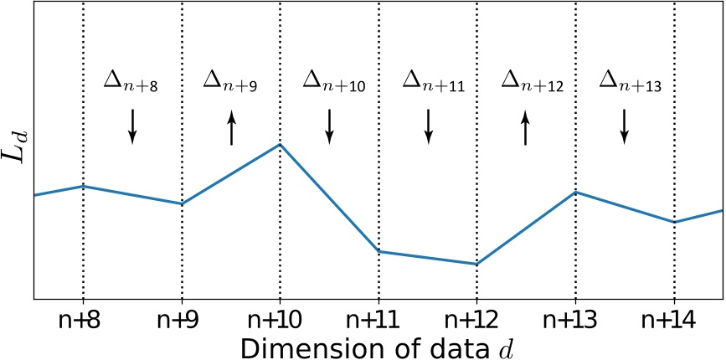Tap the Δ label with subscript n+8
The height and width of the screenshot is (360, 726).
pyautogui.click(x=131, y=81)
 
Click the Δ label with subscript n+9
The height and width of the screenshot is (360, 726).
pyautogui.click(x=230, y=81)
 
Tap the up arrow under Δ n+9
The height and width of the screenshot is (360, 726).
pyautogui.click(x=231, y=129)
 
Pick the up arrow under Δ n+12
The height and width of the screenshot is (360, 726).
pyautogui.click(x=526, y=129)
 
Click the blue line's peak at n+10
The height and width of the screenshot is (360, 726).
pyautogui.click(x=280, y=144)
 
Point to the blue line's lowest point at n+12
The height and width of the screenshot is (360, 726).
pyautogui.click(x=476, y=265)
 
